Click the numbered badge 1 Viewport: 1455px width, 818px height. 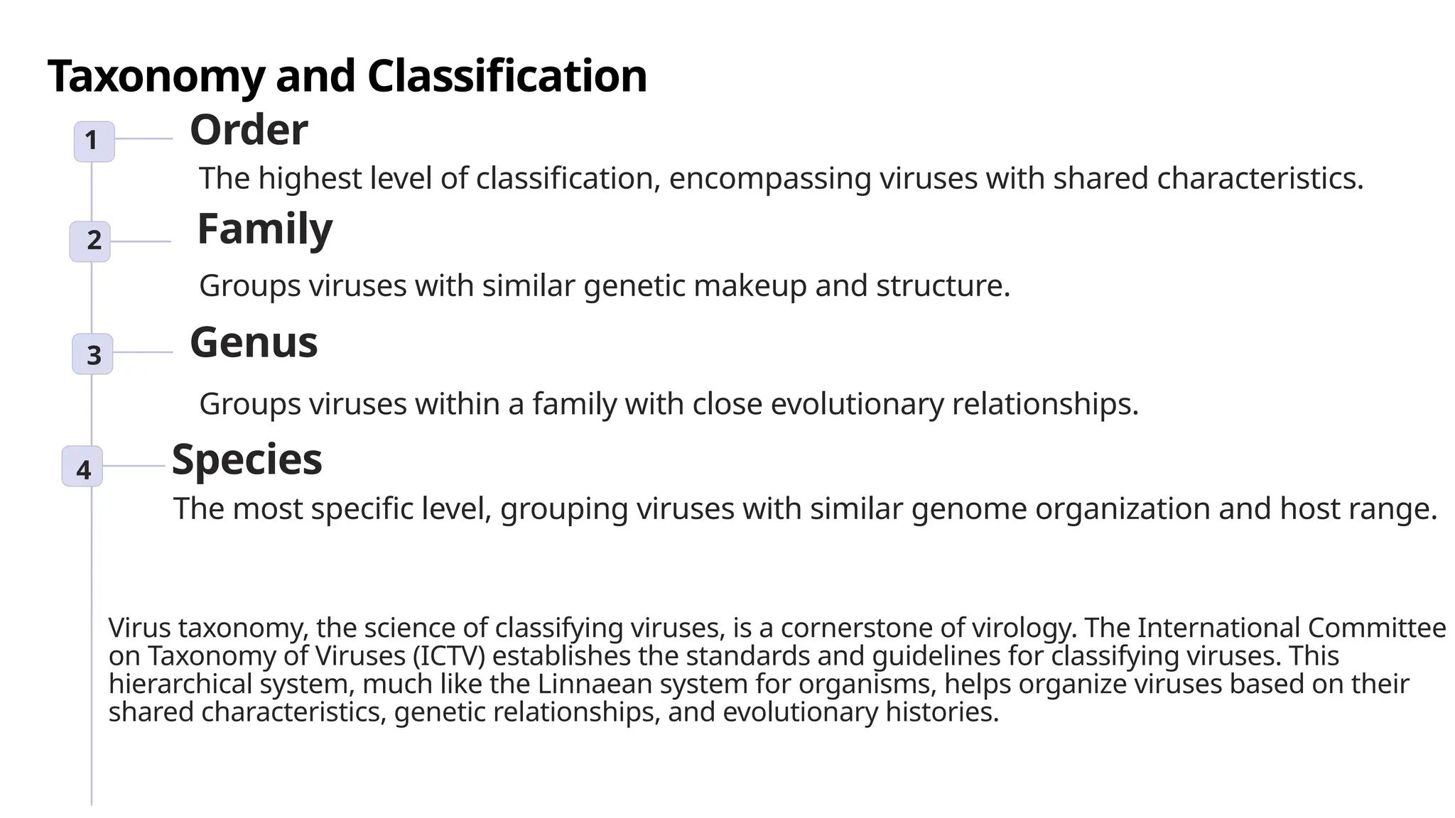pyautogui.click(x=94, y=141)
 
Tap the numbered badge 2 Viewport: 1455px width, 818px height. pyautogui.click(x=90, y=241)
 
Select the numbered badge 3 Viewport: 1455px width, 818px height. pyautogui.click(x=92, y=354)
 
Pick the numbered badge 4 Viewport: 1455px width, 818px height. pyautogui.click(x=82, y=467)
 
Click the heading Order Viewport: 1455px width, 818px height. pyautogui.click(x=249, y=130)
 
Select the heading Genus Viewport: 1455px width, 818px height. pyautogui.click(x=254, y=342)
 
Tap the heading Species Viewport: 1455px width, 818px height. pyautogui.click(x=247, y=459)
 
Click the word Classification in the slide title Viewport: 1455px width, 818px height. pyautogui.click(x=507, y=76)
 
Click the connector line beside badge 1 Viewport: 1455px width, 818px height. pyautogui.click(x=144, y=139)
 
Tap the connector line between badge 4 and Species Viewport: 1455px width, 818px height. pyautogui.click(x=134, y=467)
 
